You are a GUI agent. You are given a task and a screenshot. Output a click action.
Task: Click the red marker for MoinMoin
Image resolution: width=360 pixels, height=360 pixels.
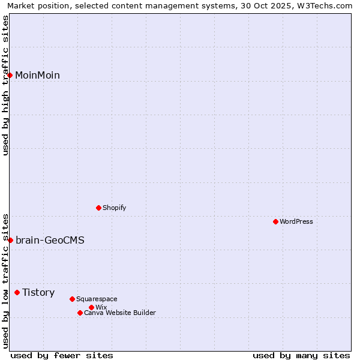pos(10,75)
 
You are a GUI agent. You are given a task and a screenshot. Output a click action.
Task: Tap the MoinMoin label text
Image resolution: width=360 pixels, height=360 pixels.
pos(37,76)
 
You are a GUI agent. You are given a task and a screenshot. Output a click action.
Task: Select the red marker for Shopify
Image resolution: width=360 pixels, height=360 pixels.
pos(98,208)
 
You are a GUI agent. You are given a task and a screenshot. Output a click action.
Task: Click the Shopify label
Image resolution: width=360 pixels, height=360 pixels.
pos(114,208)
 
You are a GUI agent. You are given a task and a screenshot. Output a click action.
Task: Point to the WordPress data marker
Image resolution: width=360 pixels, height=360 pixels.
pos(275,221)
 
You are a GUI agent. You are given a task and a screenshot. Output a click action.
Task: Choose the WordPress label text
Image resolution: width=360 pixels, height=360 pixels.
pos(296,221)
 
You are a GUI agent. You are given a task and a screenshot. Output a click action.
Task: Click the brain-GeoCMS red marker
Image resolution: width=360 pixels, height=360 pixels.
pos(10,240)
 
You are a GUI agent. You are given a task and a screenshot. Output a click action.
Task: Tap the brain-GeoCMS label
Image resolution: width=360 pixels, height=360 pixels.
pos(50,241)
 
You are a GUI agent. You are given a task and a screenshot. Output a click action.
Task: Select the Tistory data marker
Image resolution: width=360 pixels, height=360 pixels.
pos(17,292)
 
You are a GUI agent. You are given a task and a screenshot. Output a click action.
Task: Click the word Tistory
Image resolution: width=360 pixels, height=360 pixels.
pos(38,293)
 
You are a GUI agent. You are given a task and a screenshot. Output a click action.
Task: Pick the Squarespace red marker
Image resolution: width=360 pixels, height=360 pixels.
pos(72,299)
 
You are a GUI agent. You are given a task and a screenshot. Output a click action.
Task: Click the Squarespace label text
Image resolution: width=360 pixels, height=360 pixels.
pos(97,299)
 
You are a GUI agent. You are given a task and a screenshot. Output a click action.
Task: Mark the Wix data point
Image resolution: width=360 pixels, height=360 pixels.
pos(91,307)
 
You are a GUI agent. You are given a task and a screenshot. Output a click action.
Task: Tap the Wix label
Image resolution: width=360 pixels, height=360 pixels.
pos(101,307)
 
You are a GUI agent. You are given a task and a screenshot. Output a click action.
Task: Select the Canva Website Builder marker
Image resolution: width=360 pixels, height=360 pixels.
pos(80,313)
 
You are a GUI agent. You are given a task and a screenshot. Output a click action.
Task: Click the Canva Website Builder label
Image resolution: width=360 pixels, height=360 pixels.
pos(119,313)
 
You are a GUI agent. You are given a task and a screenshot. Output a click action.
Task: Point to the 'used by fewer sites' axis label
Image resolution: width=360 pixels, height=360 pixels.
pos(62,355)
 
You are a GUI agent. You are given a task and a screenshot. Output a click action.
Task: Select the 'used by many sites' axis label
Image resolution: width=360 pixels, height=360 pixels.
pos(301,355)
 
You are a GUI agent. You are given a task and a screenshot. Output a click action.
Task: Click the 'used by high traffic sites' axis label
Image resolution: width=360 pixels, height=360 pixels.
pos(5,85)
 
